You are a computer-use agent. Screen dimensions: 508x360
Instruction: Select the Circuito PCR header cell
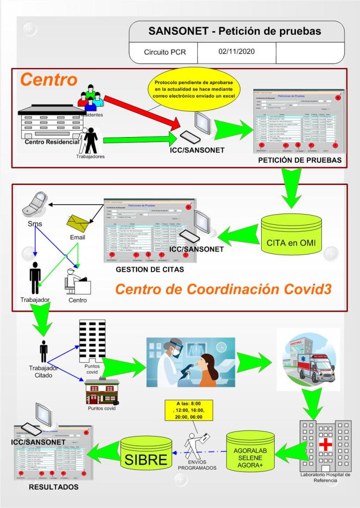pyautogui.click(x=164, y=52)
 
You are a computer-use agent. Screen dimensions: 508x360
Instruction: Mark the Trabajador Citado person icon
pyautogui.click(x=44, y=351)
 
